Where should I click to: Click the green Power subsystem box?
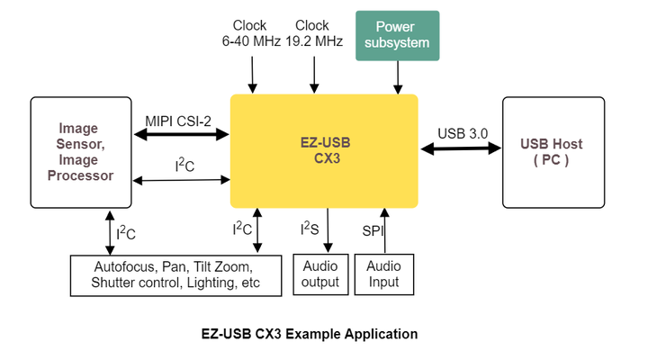(x=398, y=35)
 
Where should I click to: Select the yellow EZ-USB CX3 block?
(x=324, y=151)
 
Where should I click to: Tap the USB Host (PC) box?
(x=553, y=152)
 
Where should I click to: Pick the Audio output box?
(x=320, y=274)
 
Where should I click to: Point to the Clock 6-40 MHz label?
(x=251, y=33)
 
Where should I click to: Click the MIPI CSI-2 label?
(x=178, y=120)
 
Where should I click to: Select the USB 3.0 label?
(x=463, y=133)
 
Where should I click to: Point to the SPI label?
(x=373, y=230)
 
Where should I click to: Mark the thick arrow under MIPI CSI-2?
(x=181, y=135)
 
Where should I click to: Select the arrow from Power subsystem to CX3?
(x=398, y=77)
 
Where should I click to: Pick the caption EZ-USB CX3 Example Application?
(x=310, y=334)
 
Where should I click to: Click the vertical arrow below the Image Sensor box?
(x=109, y=233)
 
